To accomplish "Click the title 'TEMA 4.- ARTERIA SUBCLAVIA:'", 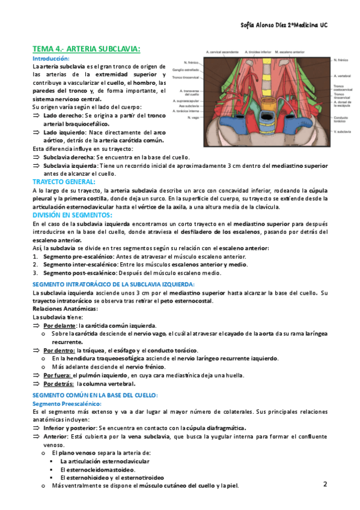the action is pyautogui.click(x=87, y=49).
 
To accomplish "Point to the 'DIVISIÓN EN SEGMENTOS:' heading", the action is pyautogui.click(x=72, y=214).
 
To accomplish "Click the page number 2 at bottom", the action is pyautogui.click(x=325, y=484).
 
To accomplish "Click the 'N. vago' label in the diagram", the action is pyautogui.click(x=192, y=118).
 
